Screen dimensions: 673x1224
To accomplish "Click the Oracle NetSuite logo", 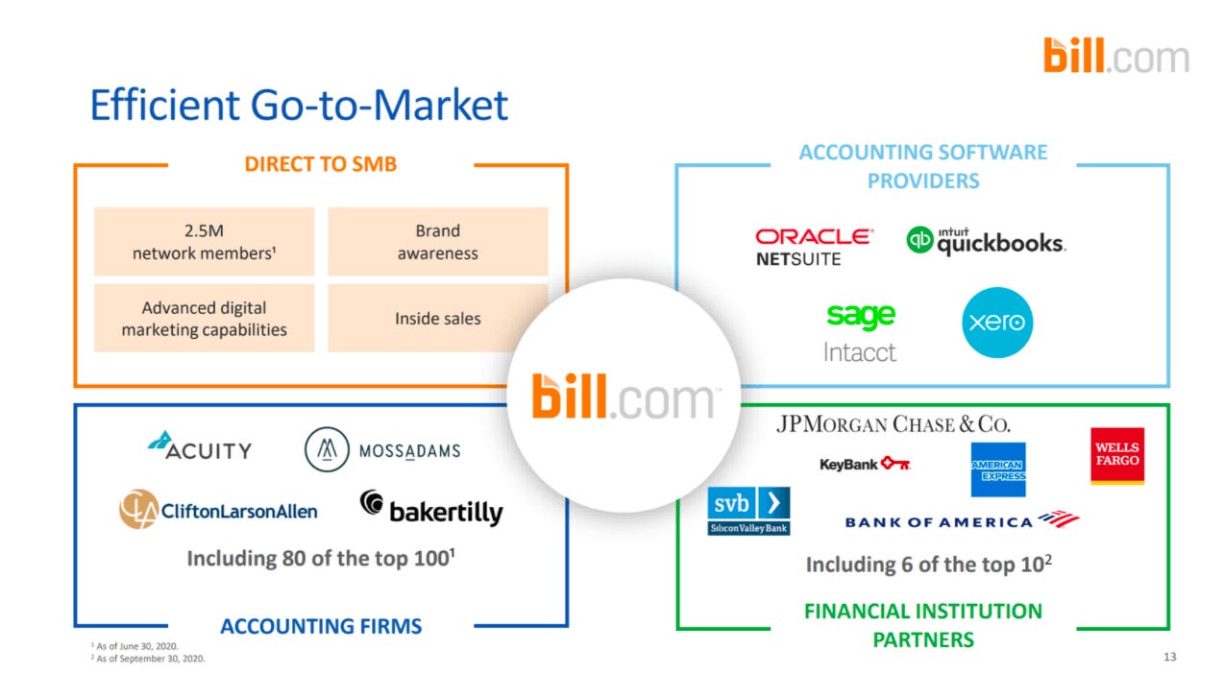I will tap(814, 247).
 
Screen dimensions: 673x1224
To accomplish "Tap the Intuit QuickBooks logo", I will tap(986, 241).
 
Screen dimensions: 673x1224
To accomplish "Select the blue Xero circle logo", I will tap(996, 323).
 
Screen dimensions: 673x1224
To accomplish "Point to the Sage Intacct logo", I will tap(860, 332).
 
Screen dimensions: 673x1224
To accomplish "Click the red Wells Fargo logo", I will tap(1117, 455).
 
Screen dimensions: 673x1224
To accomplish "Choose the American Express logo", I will tap(997, 469).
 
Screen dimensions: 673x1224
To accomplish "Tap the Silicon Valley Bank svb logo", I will tap(748, 511).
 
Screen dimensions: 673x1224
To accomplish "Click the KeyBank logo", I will tap(864, 465).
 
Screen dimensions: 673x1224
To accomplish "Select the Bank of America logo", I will tap(961, 521).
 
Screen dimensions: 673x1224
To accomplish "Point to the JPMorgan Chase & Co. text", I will tap(893, 424).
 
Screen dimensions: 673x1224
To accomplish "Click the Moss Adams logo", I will tap(382, 450).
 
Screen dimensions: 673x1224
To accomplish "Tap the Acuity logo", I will tap(200, 446).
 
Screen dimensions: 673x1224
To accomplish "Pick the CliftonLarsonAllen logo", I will tap(218, 510).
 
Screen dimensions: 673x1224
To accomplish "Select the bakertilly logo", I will tap(431, 509).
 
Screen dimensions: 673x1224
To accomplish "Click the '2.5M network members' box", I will tap(204, 242).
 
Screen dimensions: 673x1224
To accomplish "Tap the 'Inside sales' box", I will tap(437, 318).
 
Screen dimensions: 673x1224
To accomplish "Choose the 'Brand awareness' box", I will tap(437, 242).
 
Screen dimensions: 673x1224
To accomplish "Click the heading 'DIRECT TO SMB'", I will tap(320, 164).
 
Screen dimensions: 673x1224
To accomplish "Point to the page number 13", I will tap(1168, 658).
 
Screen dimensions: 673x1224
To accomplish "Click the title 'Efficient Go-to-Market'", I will tap(298, 105).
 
